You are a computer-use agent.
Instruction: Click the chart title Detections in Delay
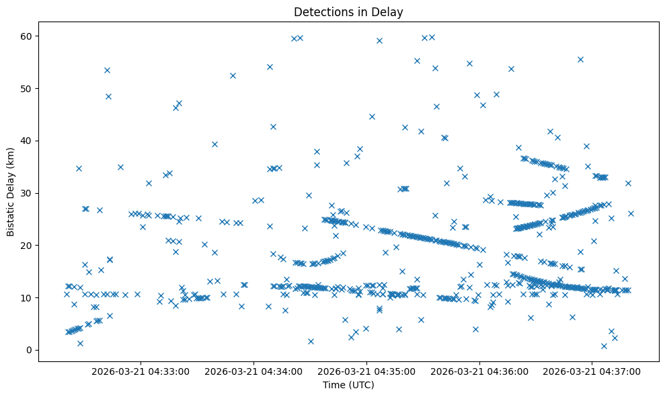click(348, 11)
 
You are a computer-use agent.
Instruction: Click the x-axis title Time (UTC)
click(348, 386)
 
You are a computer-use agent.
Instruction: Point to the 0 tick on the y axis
click(30, 350)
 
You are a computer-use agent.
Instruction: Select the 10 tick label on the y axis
click(27, 297)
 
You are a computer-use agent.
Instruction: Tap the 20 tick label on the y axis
click(27, 246)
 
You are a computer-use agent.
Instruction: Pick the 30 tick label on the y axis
click(27, 193)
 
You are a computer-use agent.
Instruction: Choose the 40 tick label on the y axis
click(27, 141)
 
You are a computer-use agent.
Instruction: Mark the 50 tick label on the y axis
click(27, 89)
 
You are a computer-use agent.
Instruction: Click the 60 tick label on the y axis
click(27, 36)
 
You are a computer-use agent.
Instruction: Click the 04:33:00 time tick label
click(140, 371)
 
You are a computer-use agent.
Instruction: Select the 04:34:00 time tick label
click(255, 371)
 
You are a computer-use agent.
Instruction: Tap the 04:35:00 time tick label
click(367, 371)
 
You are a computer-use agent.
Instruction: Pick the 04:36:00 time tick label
click(480, 371)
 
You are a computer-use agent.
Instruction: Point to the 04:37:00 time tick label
click(592, 371)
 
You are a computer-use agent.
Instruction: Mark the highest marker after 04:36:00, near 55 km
click(580, 59)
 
